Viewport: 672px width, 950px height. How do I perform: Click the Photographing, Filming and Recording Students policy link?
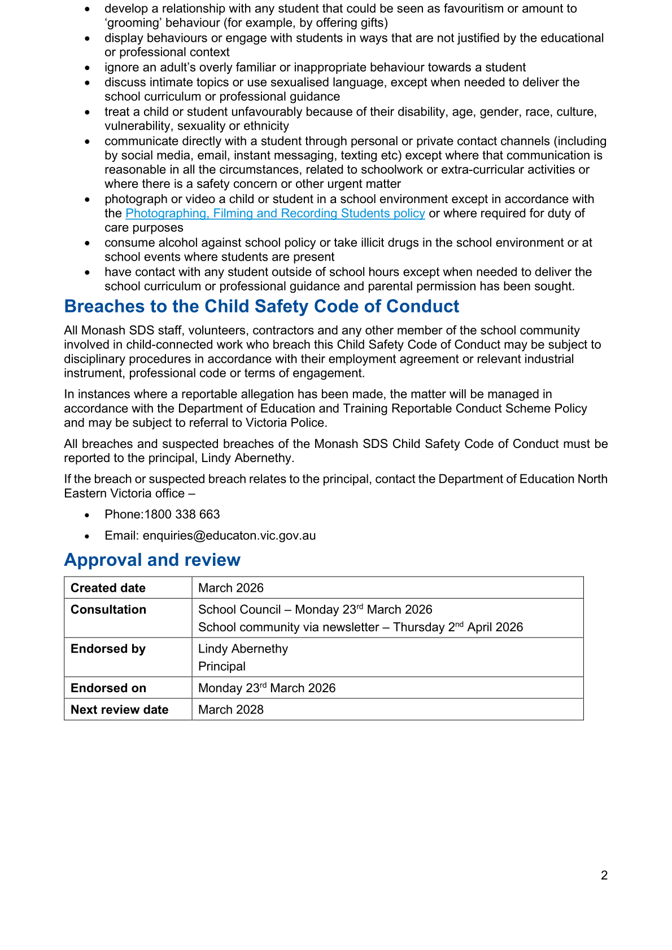point(275,213)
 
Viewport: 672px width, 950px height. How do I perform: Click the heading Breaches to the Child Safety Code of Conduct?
point(261,306)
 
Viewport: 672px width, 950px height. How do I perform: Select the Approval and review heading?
point(152,560)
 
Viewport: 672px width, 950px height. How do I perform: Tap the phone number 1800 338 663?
point(182,514)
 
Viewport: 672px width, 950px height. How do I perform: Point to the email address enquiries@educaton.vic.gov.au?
point(229,536)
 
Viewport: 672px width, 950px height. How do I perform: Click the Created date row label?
point(108,588)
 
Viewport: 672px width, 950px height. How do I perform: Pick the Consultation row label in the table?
point(108,610)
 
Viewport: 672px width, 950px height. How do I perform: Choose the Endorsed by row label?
point(108,649)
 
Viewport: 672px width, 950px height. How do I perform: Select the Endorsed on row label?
point(108,688)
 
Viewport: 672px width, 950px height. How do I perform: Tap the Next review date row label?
point(119,710)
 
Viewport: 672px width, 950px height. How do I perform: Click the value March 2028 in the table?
point(231,710)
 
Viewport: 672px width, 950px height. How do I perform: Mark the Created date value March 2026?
point(231,588)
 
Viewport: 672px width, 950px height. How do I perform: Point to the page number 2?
point(604,876)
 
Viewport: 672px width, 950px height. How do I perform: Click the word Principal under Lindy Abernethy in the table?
point(222,666)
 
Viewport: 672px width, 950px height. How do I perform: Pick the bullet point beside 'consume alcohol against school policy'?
point(87,243)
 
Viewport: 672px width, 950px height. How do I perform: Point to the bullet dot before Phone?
point(87,515)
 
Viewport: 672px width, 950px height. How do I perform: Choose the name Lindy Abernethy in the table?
point(243,649)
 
